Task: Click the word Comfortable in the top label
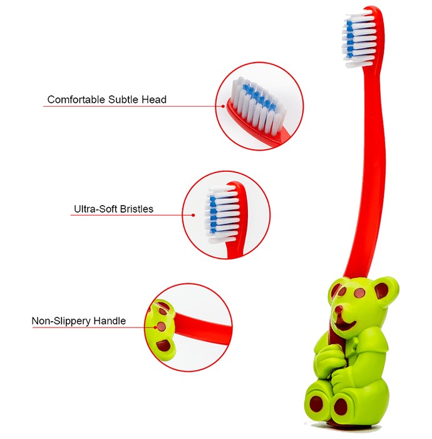pos(76,99)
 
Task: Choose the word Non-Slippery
pos(61,321)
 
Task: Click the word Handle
pos(110,321)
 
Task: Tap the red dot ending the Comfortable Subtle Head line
pos(223,107)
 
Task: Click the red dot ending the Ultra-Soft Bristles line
pos(193,215)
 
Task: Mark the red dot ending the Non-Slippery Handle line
pos(155,327)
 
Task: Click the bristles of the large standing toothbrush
pos(359,39)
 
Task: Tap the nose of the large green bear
pos(339,309)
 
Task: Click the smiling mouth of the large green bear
pos(346,325)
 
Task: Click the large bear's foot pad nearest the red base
pos(341,405)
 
